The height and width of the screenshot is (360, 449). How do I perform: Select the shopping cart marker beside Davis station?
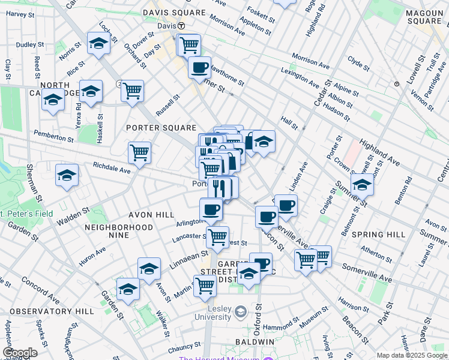click(189, 44)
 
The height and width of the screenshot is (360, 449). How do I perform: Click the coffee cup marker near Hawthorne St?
click(199, 67)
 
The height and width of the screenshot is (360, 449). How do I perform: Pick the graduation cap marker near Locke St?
click(98, 43)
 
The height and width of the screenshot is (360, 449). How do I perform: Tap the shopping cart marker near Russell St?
click(132, 91)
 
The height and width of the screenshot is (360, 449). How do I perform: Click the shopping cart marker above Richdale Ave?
click(139, 152)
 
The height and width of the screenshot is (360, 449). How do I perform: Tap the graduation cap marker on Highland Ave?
click(362, 185)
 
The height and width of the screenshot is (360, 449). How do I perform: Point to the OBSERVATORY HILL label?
click(52, 311)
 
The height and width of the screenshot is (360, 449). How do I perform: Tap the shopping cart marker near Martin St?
click(205, 286)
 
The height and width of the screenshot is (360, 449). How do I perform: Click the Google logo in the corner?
click(20, 353)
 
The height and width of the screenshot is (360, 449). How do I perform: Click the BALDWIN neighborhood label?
click(255, 341)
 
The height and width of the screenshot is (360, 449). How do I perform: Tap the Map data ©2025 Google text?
click(411, 355)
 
